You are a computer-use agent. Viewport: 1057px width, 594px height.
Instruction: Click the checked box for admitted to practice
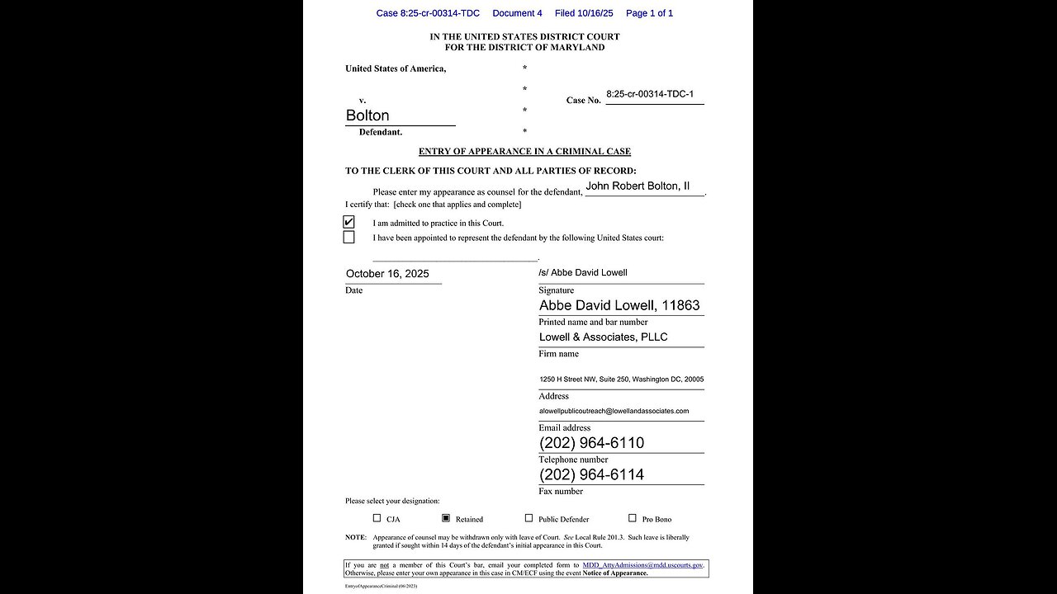click(348, 222)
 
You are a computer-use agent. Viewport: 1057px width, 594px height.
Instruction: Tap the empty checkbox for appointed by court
click(348, 238)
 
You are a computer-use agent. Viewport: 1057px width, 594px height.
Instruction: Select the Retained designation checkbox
click(446, 518)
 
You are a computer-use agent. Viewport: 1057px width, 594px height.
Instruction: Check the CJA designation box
click(377, 518)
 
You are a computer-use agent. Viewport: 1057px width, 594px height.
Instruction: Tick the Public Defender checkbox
click(528, 518)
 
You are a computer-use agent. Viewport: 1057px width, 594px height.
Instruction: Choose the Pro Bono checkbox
click(633, 518)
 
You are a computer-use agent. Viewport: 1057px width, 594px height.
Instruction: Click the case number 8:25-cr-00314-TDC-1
click(650, 95)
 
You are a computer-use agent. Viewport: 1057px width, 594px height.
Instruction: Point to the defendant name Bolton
click(367, 115)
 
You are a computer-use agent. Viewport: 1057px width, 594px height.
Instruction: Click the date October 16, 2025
click(387, 274)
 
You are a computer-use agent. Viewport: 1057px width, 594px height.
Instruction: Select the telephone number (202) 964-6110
click(591, 443)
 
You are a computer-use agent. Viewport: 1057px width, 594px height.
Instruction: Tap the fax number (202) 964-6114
click(591, 474)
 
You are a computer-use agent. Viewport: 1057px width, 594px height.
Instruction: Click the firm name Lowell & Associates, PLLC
click(603, 337)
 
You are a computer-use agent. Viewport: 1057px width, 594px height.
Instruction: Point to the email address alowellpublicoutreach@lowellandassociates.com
click(614, 411)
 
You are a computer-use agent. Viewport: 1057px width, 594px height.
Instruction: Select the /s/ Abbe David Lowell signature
click(583, 272)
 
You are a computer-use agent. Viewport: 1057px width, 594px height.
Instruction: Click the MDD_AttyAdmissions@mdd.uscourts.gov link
click(642, 565)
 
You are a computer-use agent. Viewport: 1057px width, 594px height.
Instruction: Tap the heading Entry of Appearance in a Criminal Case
click(524, 152)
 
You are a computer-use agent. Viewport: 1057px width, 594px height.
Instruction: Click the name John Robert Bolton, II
click(638, 186)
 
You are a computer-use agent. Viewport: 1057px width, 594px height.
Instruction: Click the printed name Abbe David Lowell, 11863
click(619, 305)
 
